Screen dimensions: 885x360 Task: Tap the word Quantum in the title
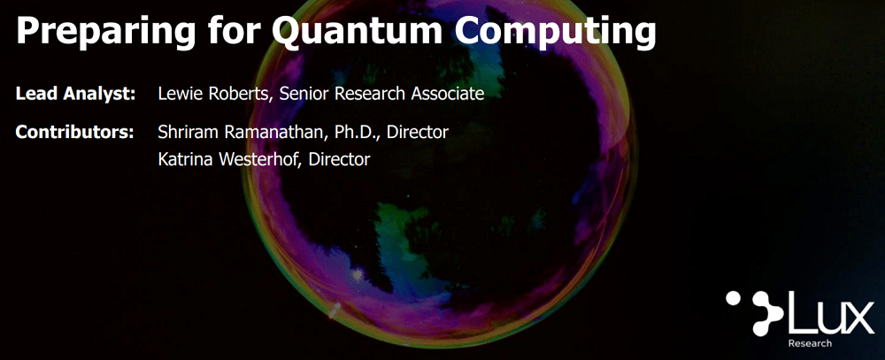(x=358, y=31)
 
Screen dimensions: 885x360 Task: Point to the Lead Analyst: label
(x=75, y=94)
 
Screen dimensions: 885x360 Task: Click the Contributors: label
(x=74, y=132)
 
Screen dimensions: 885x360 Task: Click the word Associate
(x=448, y=93)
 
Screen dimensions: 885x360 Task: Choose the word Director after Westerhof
(x=340, y=159)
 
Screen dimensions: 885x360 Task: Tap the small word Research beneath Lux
(x=810, y=343)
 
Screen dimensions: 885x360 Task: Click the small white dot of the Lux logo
(x=734, y=299)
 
